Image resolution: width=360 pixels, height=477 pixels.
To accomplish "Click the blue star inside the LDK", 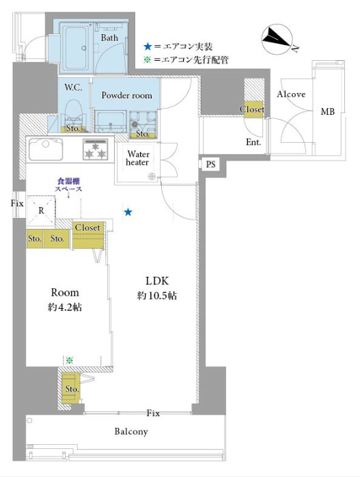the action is point(128,212).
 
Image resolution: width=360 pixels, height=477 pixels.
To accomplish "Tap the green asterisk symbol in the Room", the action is point(70,361).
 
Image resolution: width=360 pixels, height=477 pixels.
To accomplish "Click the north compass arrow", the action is point(277,39).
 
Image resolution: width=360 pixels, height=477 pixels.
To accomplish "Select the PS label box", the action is point(210,164).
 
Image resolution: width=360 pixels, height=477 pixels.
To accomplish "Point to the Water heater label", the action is point(137,158).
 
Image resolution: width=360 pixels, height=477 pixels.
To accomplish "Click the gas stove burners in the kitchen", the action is point(96,150).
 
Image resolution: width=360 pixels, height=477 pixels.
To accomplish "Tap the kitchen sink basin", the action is point(46,150).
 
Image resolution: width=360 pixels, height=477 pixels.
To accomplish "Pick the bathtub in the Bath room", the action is point(76,47).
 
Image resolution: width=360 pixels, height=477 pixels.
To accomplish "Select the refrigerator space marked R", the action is point(41,210).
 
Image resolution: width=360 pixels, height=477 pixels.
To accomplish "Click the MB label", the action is point(328,111).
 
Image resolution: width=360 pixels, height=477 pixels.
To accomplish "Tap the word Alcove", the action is point(291,94).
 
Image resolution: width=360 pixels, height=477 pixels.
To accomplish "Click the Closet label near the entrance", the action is point(252,109).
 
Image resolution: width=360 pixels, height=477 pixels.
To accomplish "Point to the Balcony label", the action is point(131,431).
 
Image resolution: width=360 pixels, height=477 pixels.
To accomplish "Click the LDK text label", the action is point(157,281).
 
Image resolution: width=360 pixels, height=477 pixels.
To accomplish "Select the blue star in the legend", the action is point(148,46).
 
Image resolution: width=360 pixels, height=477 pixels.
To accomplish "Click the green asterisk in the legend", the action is point(147,59).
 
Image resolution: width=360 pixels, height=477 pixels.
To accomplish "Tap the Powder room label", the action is point(127,95).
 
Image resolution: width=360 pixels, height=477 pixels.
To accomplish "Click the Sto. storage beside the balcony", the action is point(72,388).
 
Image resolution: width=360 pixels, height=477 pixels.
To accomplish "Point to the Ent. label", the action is point(253,142).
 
